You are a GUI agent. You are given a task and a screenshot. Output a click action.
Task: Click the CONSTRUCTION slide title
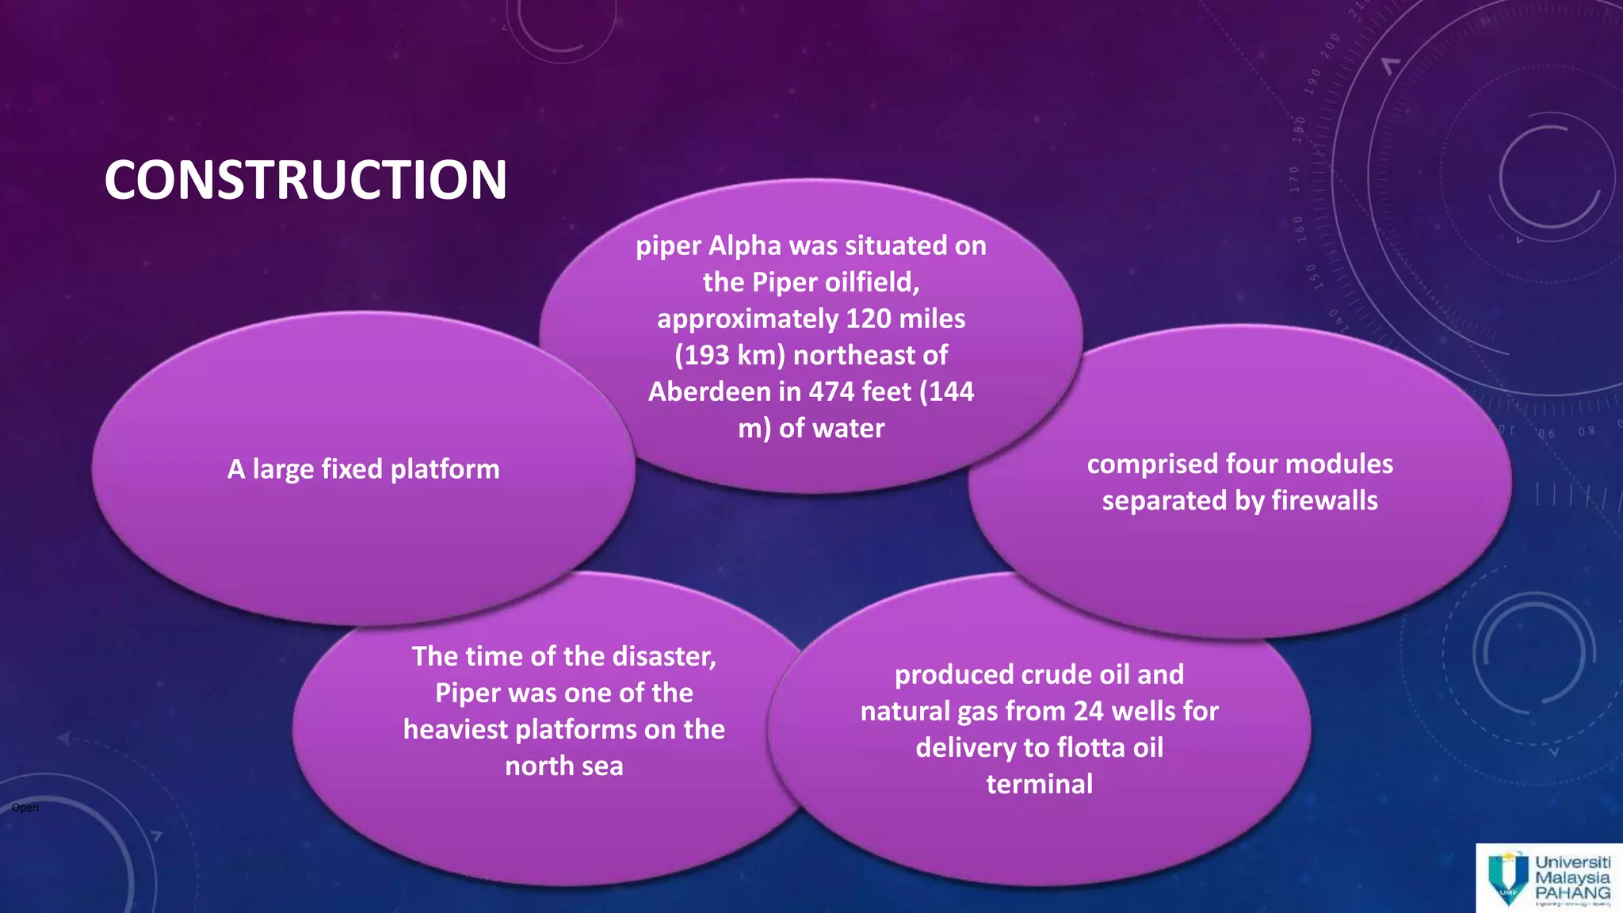coord(305,180)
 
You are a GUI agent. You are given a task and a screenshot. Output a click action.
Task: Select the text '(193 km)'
coord(729,355)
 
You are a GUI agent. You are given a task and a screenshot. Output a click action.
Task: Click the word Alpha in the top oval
coord(744,246)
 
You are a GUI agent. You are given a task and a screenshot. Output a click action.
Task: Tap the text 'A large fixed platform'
coord(363,469)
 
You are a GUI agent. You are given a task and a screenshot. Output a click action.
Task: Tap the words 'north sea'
coord(563,766)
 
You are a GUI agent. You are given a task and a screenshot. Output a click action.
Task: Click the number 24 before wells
coord(1088,712)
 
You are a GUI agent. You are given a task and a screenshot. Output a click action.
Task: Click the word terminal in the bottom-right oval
coord(1039,785)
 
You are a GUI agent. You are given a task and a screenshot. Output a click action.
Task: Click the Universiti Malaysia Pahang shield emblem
coord(1507,878)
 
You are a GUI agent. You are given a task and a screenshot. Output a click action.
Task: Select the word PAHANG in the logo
coord(1572,892)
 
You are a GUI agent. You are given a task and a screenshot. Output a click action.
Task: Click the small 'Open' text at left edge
coord(25,808)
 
